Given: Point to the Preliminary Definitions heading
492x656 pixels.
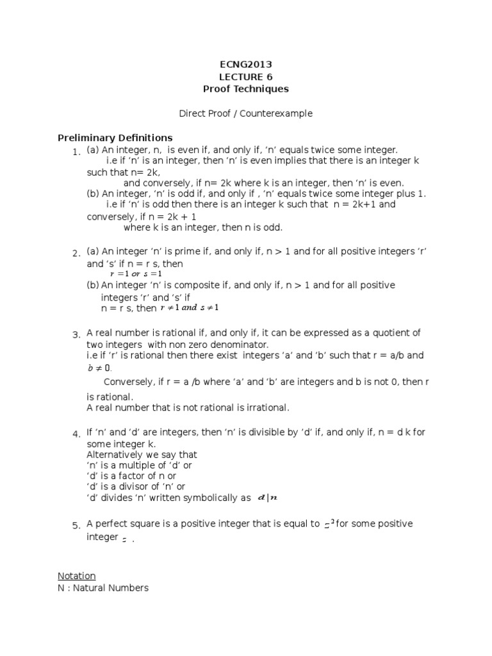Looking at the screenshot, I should click(x=115, y=138).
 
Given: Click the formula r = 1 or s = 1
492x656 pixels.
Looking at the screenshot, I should click(x=136, y=274).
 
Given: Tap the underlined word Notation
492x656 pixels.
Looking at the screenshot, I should click(x=76, y=576).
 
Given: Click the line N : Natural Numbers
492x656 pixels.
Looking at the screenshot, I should click(x=102, y=587).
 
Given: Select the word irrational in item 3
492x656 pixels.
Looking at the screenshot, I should click(x=267, y=407).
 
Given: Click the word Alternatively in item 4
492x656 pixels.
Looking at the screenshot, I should click(x=112, y=455).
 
